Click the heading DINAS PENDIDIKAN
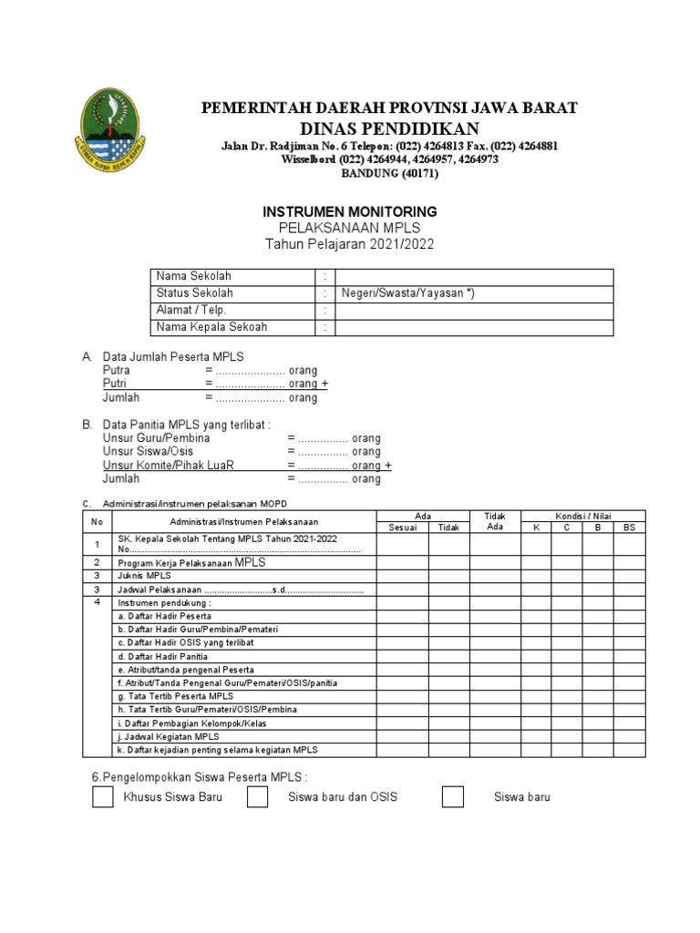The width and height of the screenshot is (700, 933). coord(388,128)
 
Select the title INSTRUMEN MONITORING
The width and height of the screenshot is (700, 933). coord(350,211)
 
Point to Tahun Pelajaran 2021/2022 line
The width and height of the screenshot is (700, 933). coord(350,244)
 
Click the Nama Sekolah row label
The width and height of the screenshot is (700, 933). coord(194,277)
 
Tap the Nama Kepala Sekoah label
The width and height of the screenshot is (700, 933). coord(211,327)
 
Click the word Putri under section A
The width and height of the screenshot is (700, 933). coord(115,384)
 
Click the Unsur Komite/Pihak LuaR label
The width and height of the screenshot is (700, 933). coord(169,466)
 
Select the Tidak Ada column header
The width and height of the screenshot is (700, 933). coord(495,521)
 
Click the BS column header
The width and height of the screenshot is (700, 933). coord(629,528)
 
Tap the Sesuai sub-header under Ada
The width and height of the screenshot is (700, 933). coord(402,528)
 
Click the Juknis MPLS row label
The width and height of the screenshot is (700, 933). coord(145,576)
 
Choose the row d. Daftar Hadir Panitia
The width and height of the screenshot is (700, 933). coord(162,656)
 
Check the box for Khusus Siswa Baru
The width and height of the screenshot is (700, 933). coord(103,797)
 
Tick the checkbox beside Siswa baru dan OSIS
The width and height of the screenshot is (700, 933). coord(258,797)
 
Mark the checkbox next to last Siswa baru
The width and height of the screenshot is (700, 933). coord(453,797)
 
